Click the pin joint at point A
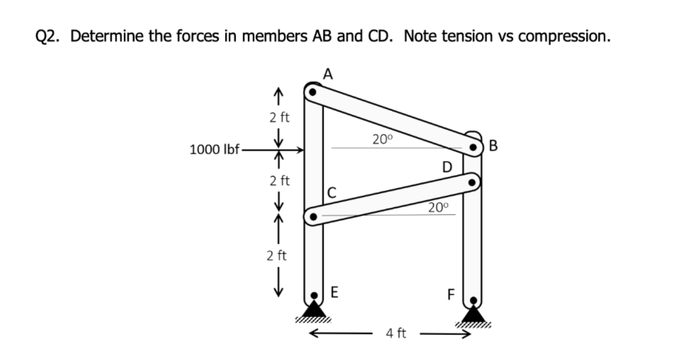tap(312, 91)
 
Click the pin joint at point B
tap(473, 146)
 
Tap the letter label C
tap(331, 193)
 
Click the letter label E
tap(335, 292)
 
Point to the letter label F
tap(451, 295)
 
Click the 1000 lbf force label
tap(215, 150)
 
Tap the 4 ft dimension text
tap(396, 334)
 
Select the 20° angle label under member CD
tap(438, 207)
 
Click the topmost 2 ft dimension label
tap(279, 117)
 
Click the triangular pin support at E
tap(314, 309)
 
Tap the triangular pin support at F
tap(473, 315)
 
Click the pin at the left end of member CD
tap(314, 216)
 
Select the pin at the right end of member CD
tap(471, 183)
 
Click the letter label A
tap(328, 74)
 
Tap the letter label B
tap(493, 145)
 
